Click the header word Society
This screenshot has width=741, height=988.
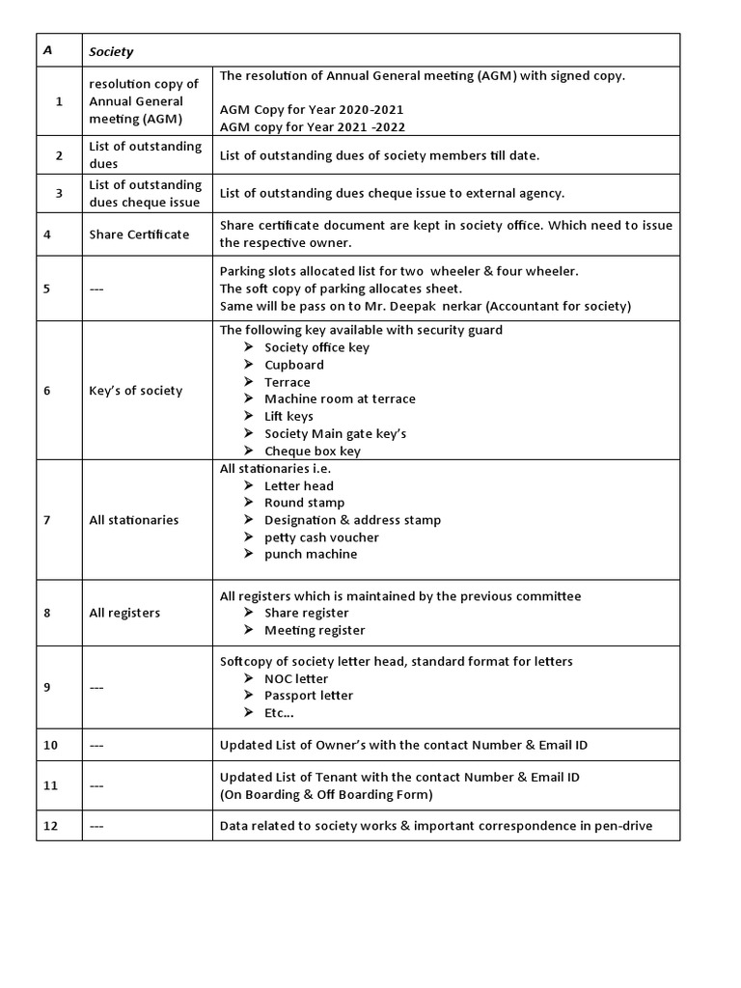[x=111, y=51]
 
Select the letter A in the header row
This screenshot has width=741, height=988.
[x=47, y=50]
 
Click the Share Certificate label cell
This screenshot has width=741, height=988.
[x=139, y=234]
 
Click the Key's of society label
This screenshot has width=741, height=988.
[x=135, y=391]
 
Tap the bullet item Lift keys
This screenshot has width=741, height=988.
[x=288, y=417]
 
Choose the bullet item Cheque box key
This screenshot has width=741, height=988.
[x=313, y=452]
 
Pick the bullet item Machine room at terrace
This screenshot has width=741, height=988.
[x=340, y=399]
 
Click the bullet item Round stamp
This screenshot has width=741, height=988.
[x=304, y=503]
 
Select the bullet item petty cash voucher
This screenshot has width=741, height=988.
[x=321, y=537]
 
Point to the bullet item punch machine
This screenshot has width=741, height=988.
[x=311, y=555]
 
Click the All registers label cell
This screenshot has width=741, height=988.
[x=124, y=613]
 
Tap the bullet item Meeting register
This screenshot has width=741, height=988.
[x=315, y=630]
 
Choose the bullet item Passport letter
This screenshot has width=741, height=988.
[x=309, y=696]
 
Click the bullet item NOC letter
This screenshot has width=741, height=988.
[x=296, y=679]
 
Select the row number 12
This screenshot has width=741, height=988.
[x=50, y=826]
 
